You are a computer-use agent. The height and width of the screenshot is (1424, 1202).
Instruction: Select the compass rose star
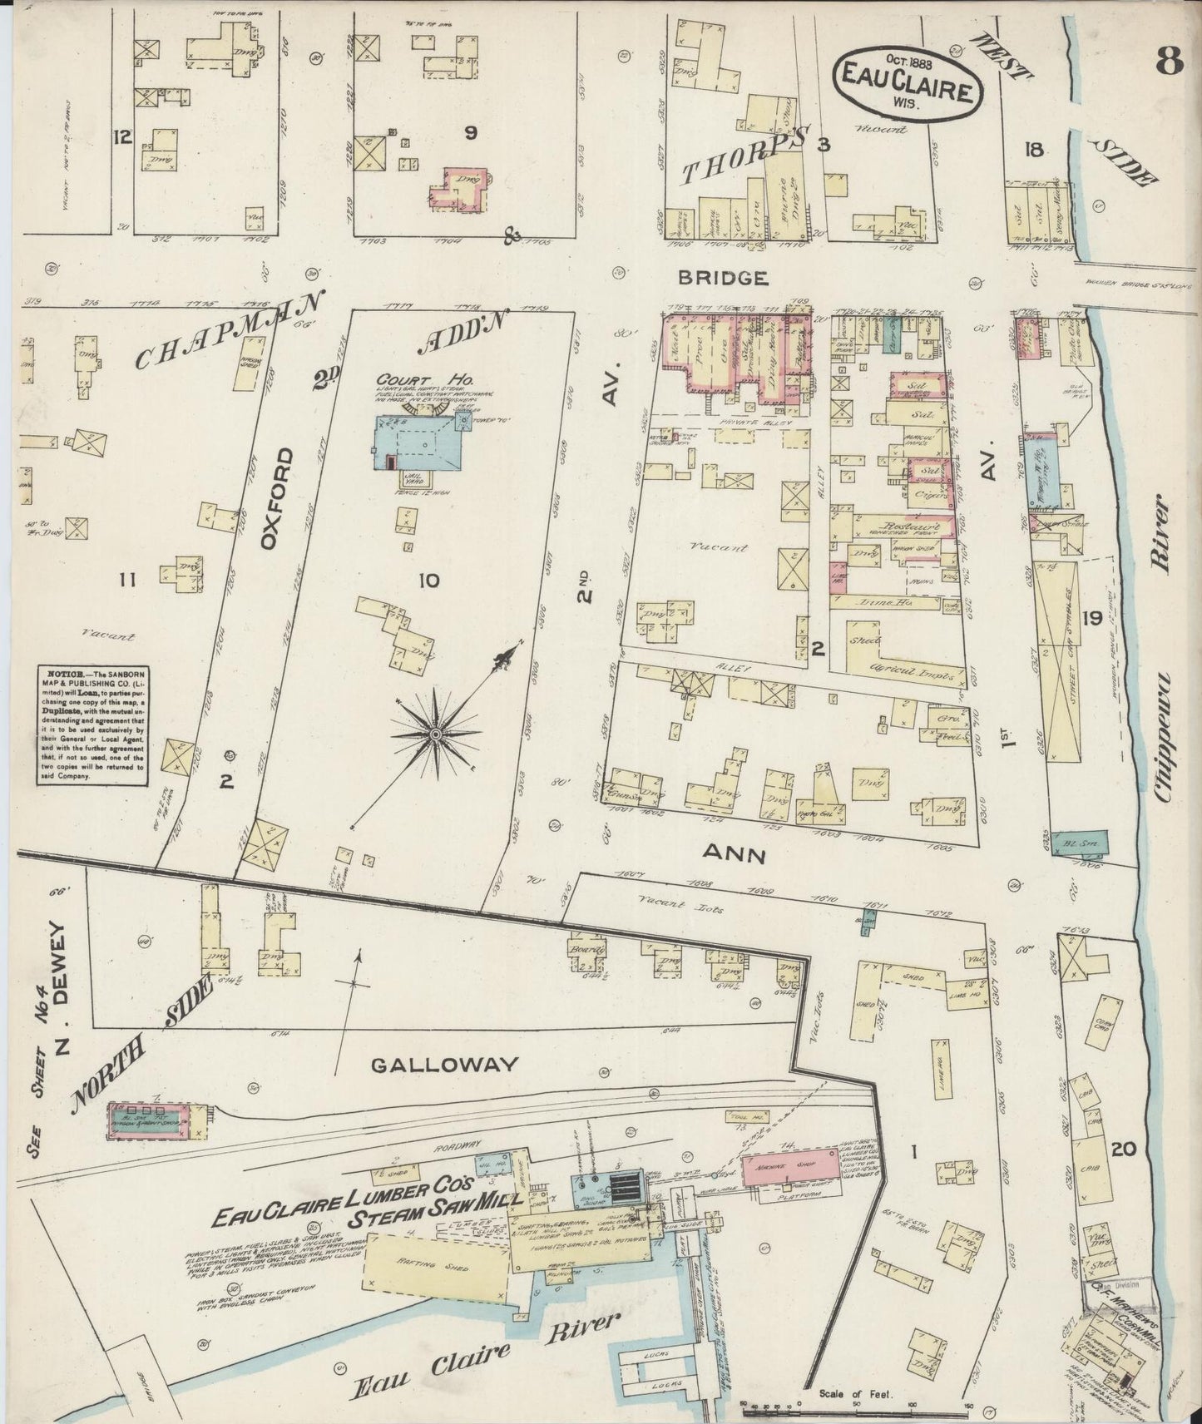coord(436,735)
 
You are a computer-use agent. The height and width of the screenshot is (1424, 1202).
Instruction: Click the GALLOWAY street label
coord(444,1064)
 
